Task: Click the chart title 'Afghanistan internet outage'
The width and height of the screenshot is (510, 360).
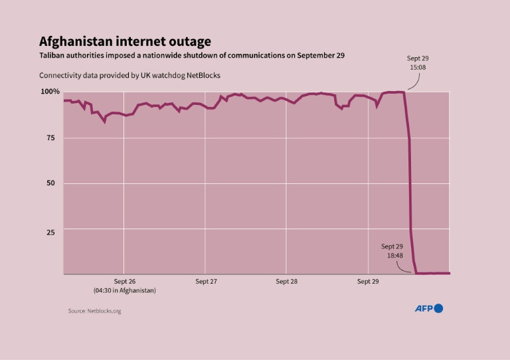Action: pos(125,41)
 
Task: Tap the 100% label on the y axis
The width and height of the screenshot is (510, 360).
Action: pos(50,91)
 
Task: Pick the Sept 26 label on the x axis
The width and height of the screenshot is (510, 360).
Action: pos(124,282)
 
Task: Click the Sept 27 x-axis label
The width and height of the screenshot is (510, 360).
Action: pos(206,282)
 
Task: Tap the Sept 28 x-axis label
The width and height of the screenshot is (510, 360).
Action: pos(286,282)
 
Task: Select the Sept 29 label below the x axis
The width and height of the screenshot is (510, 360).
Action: pos(368,282)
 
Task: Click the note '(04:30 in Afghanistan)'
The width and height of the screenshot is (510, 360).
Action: pos(124,291)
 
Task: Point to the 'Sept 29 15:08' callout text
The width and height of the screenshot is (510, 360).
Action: pos(418,63)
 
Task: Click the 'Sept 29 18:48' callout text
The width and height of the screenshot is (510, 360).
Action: pos(392,251)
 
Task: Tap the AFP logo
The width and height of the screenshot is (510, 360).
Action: pos(428,308)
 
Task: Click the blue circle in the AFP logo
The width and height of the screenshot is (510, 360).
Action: pos(438,308)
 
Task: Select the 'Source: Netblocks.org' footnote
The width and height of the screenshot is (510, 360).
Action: pos(94,311)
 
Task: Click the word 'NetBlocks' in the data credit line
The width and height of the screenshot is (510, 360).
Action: pos(201,76)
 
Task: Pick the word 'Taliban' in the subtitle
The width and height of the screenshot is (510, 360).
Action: pos(52,55)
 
